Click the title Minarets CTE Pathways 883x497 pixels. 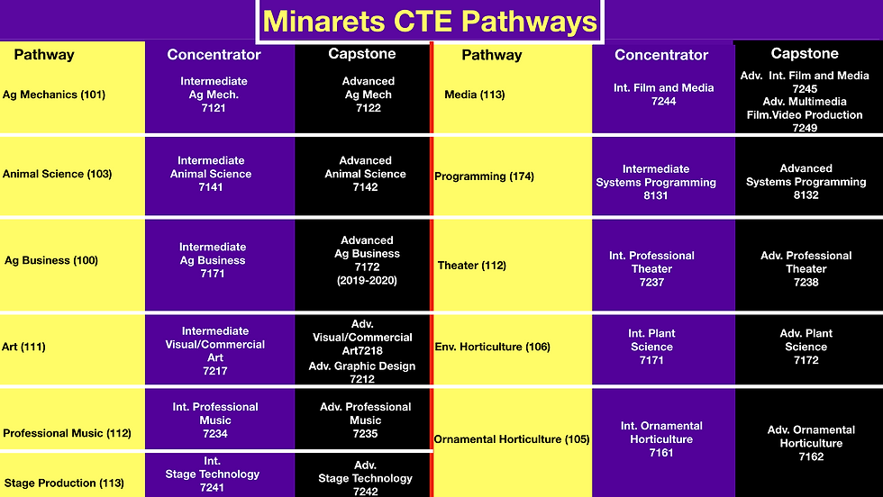pos(430,22)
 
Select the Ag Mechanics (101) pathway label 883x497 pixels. pos(54,95)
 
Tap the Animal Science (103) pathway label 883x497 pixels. pos(58,174)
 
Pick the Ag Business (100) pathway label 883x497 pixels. pos(51,260)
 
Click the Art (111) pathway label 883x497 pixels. pos(23,347)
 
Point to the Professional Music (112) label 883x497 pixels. pos(67,433)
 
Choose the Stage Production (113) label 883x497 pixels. pos(64,483)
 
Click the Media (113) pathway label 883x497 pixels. pos(475,95)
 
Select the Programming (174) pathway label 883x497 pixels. pos(485,176)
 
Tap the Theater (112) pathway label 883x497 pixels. pos(472,265)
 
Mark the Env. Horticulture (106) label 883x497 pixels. pos(493,347)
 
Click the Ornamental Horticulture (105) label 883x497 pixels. pos(512,439)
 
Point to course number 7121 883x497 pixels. pos(214,108)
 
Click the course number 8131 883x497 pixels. pos(656,196)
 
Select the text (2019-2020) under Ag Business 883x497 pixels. pos(368,280)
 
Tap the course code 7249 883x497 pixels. pos(805,128)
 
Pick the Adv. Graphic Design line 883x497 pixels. pos(362,366)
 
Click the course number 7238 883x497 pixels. pos(806,283)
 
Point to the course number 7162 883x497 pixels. pos(811,457)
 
